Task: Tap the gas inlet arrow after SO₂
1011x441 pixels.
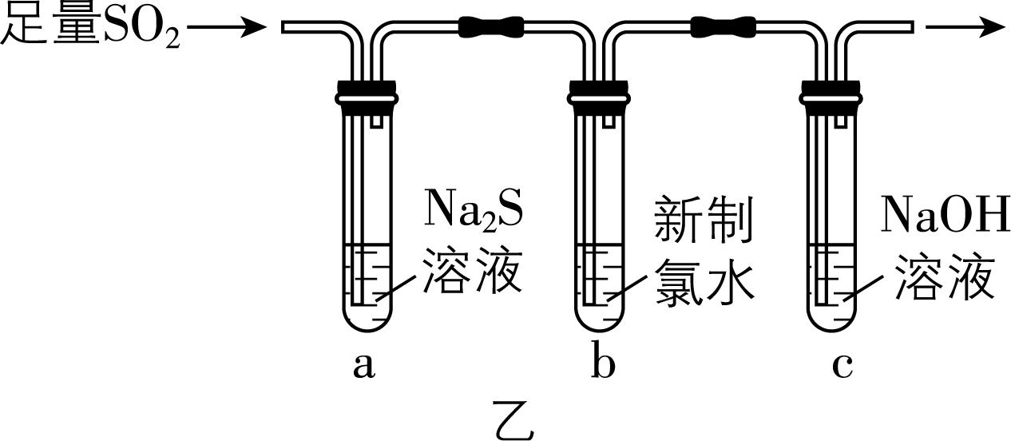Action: click(227, 28)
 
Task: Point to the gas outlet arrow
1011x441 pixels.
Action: click(965, 27)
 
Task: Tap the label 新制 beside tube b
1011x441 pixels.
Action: click(703, 220)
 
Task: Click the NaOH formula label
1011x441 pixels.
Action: click(946, 217)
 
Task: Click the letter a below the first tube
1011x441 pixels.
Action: click(363, 365)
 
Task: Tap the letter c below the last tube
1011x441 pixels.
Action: click(842, 366)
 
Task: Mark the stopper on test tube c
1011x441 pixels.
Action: click(832, 91)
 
